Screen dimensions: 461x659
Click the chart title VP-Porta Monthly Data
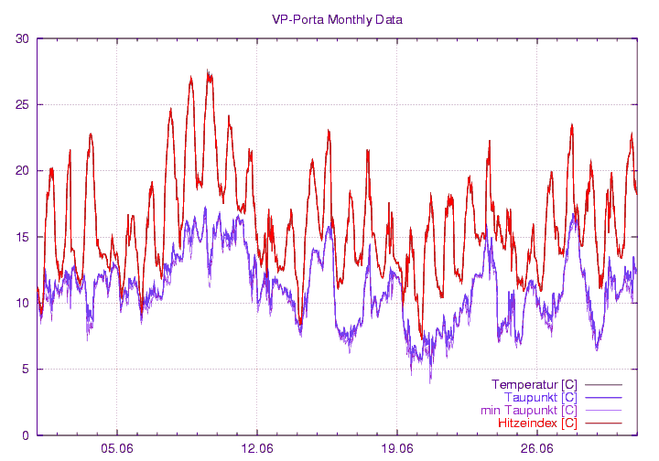(x=337, y=19)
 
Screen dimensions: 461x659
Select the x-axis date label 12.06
(x=257, y=449)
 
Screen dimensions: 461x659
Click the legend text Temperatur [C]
(x=534, y=384)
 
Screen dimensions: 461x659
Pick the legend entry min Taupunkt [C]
(x=528, y=411)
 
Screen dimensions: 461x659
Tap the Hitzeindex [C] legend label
(x=537, y=423)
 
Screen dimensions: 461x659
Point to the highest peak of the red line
(x=208, y=71)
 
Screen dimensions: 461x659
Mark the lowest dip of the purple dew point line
(x=430, y=381)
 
